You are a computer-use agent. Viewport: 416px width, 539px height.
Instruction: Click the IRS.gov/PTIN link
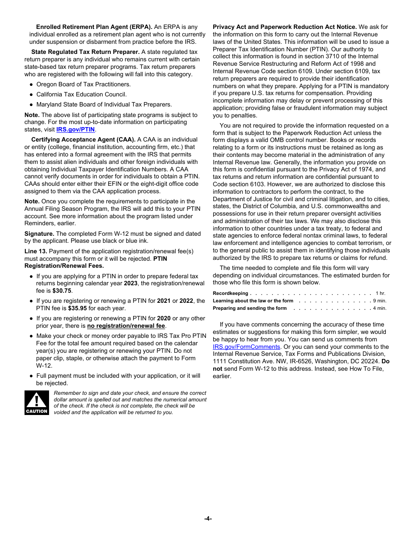coord(75,130)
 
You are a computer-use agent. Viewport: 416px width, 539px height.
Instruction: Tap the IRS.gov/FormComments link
coord(246,347)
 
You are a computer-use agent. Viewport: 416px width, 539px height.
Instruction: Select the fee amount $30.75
coord(62,291)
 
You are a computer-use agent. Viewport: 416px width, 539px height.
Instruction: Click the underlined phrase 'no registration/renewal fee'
coord(126,326)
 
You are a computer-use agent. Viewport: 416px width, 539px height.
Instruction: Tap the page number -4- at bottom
coord(208,518)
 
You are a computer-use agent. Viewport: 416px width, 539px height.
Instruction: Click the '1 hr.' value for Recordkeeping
coord(380,294)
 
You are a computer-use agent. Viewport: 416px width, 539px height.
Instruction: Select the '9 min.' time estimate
coord(379,301)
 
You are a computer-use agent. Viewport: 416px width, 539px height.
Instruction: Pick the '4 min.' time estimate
coord(379,309)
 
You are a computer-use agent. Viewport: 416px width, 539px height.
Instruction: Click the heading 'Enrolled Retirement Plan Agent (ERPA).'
coord(94,27)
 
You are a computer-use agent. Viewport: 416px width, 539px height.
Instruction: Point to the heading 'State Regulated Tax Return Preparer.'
coord(85,52)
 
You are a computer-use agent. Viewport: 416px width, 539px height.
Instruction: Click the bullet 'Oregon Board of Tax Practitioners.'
coord(83,85)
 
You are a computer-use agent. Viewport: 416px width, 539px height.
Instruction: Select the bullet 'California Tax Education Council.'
coord(81,95)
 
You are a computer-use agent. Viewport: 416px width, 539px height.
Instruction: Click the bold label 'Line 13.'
coord(35,252)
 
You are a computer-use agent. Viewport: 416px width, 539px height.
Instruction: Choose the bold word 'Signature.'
coord(39,234)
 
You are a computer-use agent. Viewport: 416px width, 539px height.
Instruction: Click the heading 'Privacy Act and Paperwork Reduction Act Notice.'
coord(285,27)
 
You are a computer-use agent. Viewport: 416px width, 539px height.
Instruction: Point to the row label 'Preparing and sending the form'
coord(250,309)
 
